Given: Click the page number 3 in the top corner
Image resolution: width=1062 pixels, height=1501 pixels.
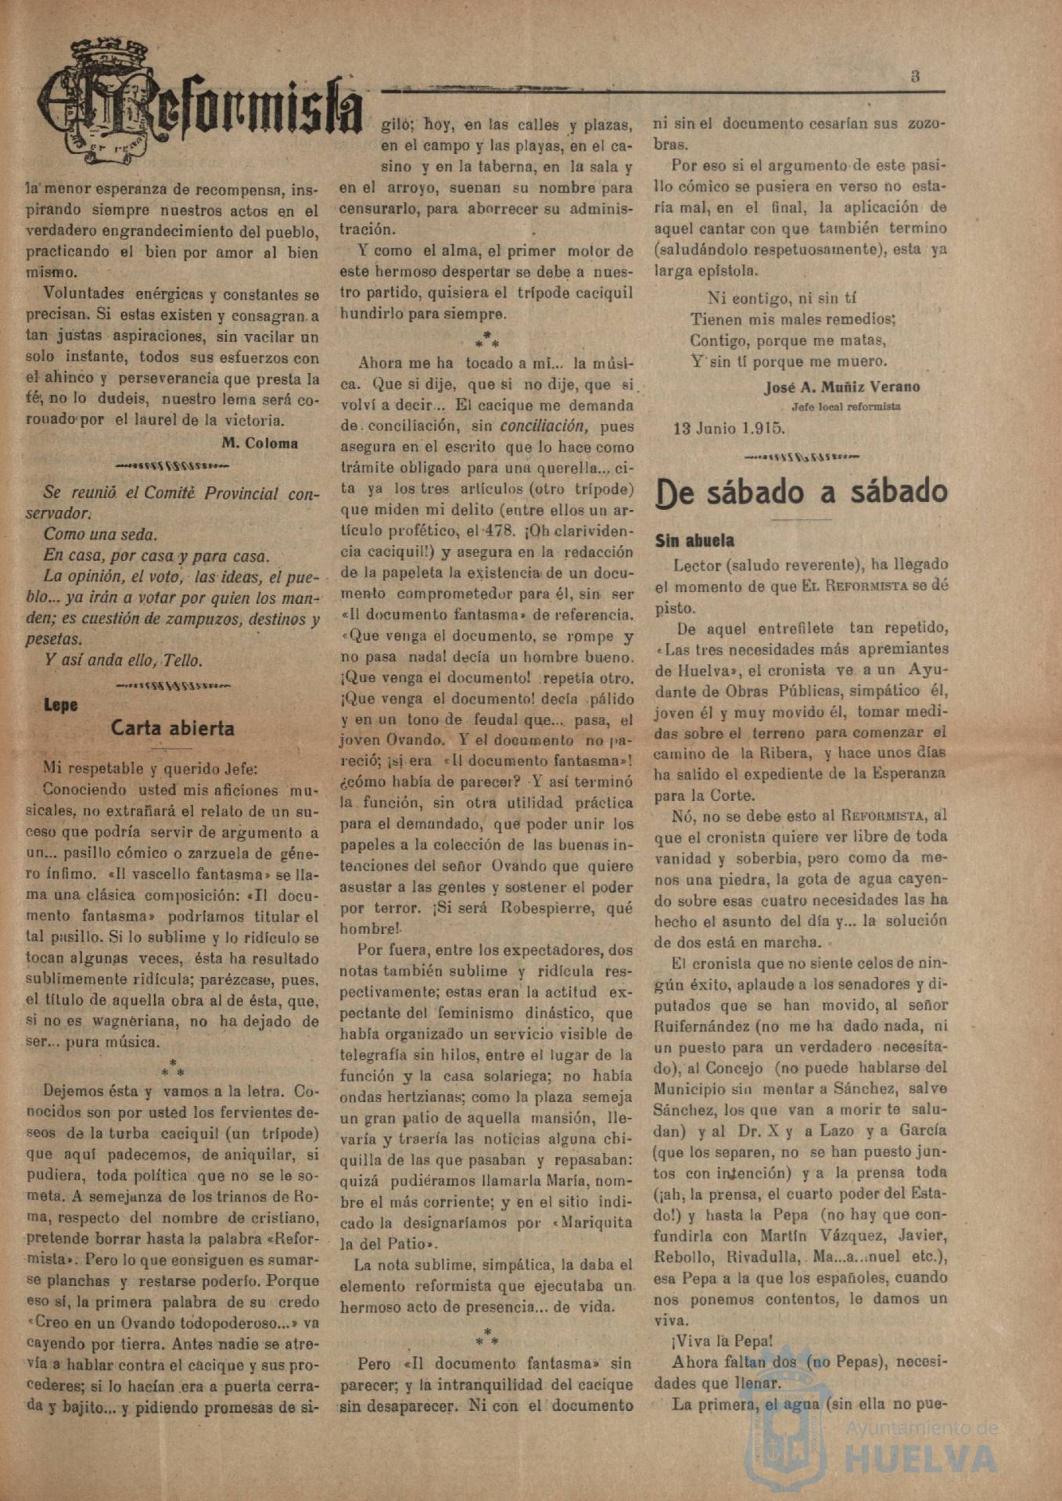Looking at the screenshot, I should [x=915, y=77].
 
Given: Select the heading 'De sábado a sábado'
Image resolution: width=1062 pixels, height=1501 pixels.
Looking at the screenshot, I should [x=801, y=492].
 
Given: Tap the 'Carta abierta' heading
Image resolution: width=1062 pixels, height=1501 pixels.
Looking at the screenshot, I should [x=172, y=728].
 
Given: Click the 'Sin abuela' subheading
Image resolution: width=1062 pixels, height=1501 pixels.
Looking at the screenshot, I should [x=694, y=540].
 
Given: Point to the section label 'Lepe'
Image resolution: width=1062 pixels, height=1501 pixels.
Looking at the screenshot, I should [x=60, y=705].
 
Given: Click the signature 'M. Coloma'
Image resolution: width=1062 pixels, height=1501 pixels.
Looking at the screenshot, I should [x=260, y=443].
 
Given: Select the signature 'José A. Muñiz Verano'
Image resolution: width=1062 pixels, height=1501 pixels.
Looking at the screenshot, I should [x=841, y=386].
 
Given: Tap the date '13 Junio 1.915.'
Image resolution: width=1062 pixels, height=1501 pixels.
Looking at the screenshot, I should [x=729, y=429].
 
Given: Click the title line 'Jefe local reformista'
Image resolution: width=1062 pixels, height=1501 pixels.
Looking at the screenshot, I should [x=845, y=407].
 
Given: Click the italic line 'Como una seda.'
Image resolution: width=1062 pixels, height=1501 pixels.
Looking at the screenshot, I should [x=100, y=535].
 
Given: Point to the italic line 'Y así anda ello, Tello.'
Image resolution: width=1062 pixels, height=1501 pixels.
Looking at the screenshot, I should [x=123, y=660].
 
